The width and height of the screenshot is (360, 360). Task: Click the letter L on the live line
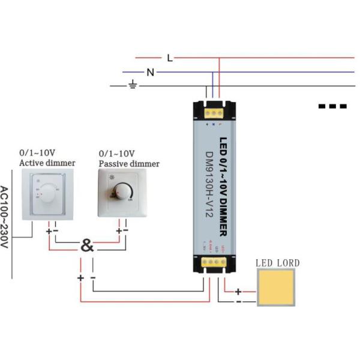click(x=170, y=58)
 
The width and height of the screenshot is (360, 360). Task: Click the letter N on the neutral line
click(x=151, y=73)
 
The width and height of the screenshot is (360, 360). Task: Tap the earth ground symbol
click(x=133, y=86)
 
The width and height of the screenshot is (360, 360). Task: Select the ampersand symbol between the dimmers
click(x=88, y=245)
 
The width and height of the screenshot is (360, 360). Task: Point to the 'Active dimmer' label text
click(x=47, y=163)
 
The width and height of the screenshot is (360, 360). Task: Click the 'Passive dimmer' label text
click(x=129, y=164)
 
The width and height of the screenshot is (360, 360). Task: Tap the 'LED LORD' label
click(x=277, y=263)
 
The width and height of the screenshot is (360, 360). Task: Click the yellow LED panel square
click(x=277, y=287)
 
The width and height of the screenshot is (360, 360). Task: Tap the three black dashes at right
click(x=332, y=106)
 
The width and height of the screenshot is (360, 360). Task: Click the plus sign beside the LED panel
click(x=238, y=292)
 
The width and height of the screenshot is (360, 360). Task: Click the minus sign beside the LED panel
click(x=238, y=302)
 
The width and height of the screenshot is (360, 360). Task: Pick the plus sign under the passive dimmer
click(x=118, y=230)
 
